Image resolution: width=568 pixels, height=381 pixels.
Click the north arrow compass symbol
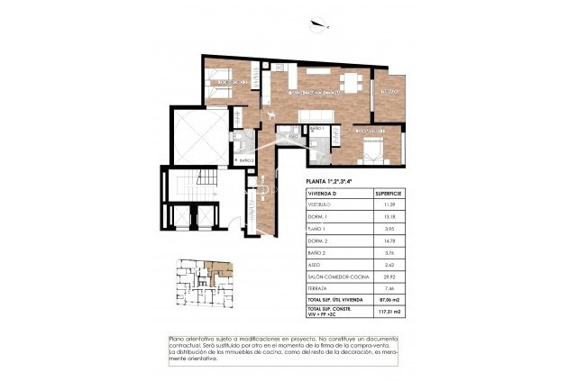click(316, 25)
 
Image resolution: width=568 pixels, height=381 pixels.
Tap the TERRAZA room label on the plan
click(389, 92)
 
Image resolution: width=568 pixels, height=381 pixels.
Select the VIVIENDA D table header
click(322, 194)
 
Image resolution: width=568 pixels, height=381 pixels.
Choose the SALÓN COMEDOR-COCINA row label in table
click(335, 277)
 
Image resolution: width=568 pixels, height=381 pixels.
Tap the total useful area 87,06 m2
click(390, 299)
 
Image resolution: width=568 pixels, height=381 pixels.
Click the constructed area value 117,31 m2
click(390, 313)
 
